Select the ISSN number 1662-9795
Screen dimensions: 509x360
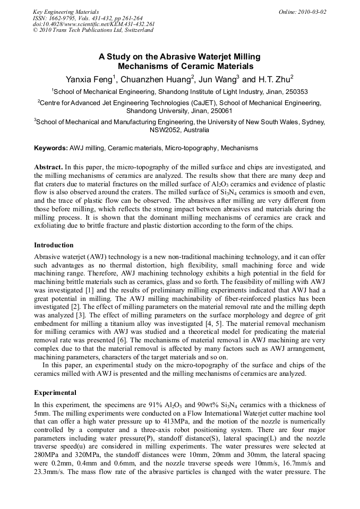(x=61, y=18)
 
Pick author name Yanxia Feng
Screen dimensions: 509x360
(x=89, y=80)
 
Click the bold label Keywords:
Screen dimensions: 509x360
(x=51, y=148)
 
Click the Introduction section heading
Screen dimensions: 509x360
(x=54, y=245)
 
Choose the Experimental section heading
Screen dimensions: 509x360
(x=55, y=393)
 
